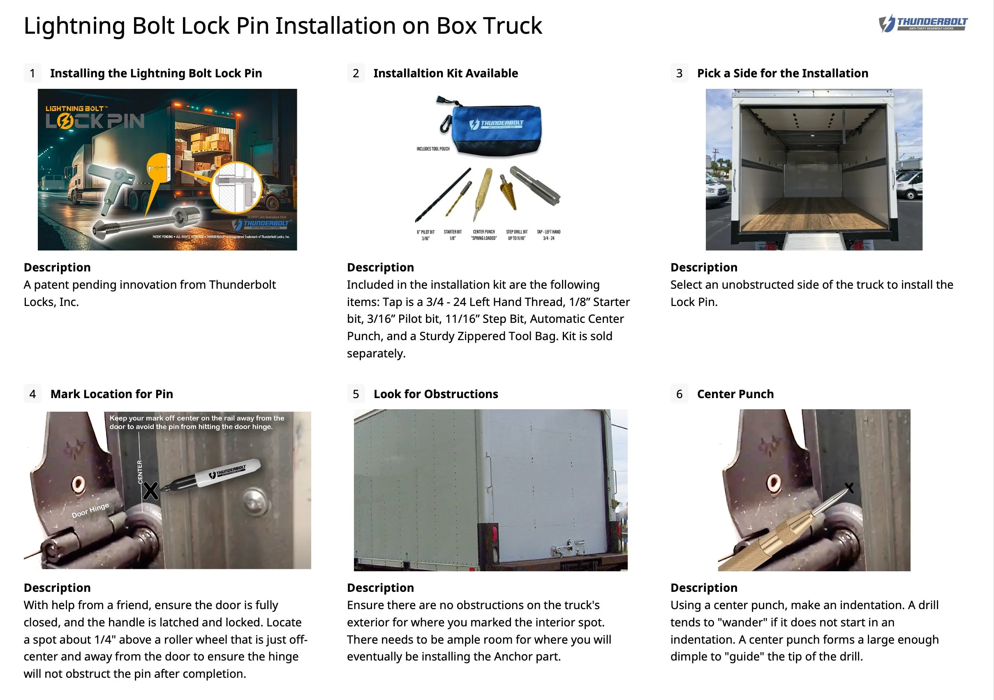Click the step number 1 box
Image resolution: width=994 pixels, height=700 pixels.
point(32,73)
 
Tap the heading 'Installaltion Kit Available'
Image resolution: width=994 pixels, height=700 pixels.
point(446,73)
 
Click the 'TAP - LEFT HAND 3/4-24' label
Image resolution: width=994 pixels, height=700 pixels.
point(548,235)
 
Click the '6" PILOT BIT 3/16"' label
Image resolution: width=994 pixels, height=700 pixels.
point(425,235)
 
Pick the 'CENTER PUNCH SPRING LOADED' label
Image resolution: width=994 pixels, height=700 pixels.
point(483,235)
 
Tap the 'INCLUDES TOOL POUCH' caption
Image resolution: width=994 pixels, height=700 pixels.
point(433,148)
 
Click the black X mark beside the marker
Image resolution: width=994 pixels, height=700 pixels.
point(150,491)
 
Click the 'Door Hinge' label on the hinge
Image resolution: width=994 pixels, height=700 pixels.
point(90,511)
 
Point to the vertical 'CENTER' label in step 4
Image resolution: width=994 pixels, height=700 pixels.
point(140,472)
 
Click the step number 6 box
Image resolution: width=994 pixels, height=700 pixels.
point(679,394)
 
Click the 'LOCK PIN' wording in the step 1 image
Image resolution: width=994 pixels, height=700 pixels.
point(95,121)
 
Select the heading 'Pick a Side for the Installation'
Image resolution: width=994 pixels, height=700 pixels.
point(782,73)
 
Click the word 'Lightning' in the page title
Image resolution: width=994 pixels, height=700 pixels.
point(74,25)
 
